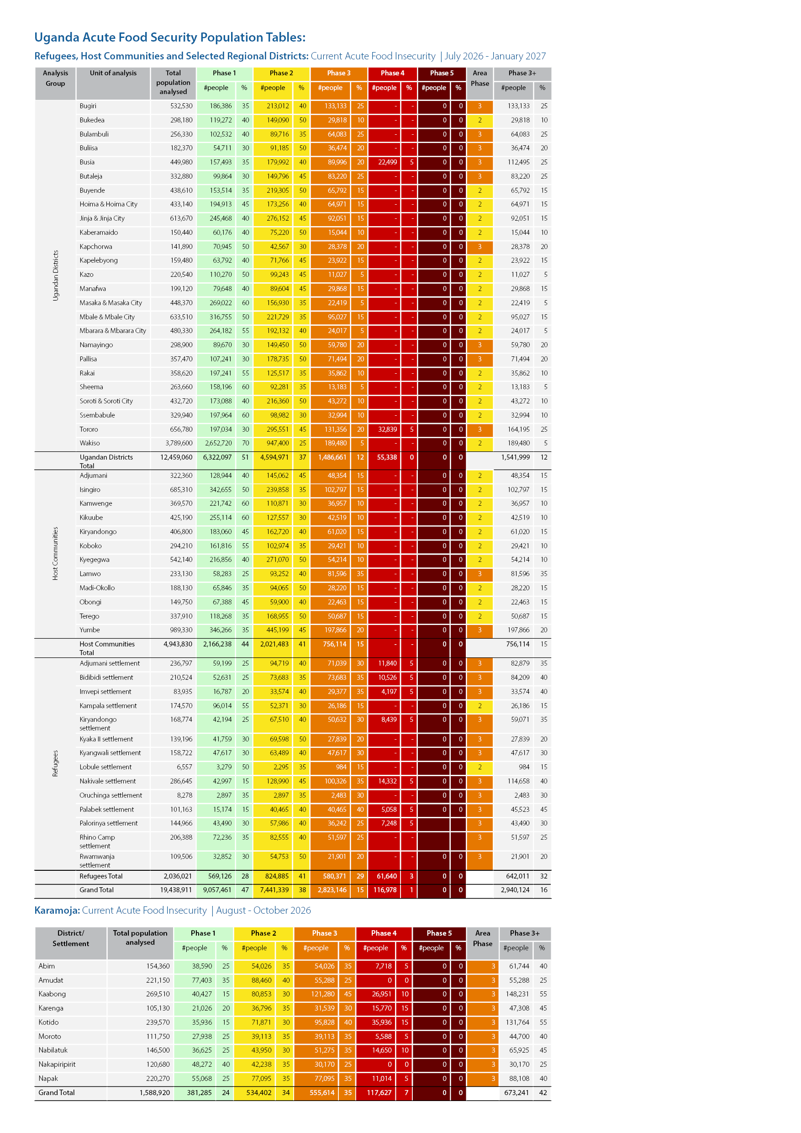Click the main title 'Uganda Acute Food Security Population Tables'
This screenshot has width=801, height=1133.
point(170,37)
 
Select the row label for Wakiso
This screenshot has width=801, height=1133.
point(90,443)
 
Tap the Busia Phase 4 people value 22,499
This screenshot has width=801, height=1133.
point(387,162)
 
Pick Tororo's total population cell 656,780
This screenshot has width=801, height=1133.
point(181,429)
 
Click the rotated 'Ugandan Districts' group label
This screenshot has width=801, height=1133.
point(56,275)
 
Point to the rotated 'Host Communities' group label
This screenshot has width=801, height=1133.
point(56,553)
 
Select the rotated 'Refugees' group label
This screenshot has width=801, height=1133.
point(56,763)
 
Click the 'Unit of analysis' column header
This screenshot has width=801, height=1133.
point(113,73)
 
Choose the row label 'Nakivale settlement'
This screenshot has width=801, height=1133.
point(107,781)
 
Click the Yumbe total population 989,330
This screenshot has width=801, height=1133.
point(181,630)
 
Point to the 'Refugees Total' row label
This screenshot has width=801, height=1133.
point(101,876)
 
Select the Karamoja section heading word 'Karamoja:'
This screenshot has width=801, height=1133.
point(57,911)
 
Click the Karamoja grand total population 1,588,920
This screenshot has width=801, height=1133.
point(154,1092)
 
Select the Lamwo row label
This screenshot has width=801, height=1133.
point(90,574)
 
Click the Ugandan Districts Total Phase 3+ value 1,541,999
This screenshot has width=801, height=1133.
point(515,457)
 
